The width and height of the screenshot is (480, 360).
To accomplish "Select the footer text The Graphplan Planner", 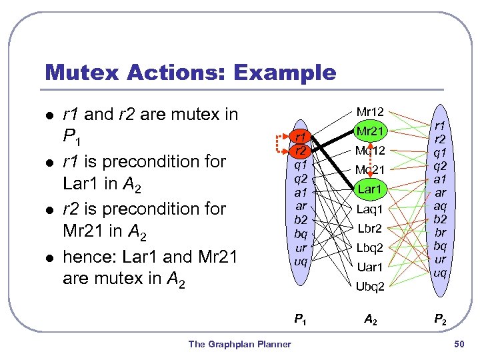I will click(x=239, y=344).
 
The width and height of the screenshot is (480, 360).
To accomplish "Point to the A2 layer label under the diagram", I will click(x=370, y=319).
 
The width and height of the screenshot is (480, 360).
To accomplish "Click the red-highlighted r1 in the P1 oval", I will click(x=301, y=137).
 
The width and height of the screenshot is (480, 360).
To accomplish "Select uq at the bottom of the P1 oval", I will click(x=301, y=261).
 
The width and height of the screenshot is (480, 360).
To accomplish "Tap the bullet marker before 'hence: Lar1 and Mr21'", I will click(x=46, y=257).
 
